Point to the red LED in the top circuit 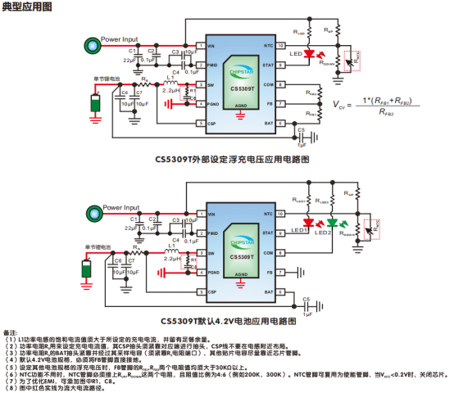point(310,55)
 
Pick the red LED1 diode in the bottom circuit point(309,221)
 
